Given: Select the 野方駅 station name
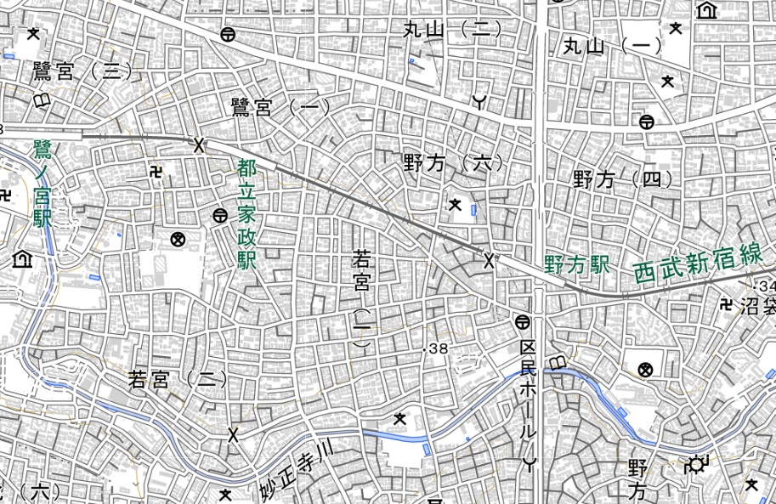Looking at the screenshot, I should coord(578,264).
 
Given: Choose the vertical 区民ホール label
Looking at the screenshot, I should coord(530,391).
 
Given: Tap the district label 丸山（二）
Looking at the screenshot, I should coord(452,31).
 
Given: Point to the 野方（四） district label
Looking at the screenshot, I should coord(622,179).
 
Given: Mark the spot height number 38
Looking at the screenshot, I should coord(436,348).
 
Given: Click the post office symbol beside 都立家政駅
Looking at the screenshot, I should coord(220,216).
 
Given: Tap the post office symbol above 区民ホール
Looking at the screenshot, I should coord(522,321).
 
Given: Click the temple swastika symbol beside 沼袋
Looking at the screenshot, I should coord(728,304).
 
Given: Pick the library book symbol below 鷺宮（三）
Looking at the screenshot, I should coord(40,101).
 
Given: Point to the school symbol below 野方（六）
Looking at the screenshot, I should coord(456,204).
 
